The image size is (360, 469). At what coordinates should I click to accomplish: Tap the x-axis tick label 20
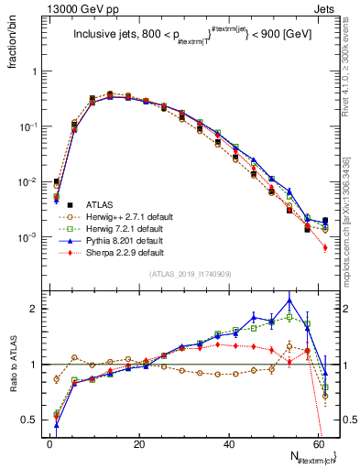(x=139, y=443)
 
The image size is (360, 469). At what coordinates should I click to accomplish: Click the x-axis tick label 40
(x=228, y=443)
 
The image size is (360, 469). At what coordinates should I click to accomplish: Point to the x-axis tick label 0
(x=50, y=443)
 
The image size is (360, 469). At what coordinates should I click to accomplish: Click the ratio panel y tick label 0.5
(x=29, y=420)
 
